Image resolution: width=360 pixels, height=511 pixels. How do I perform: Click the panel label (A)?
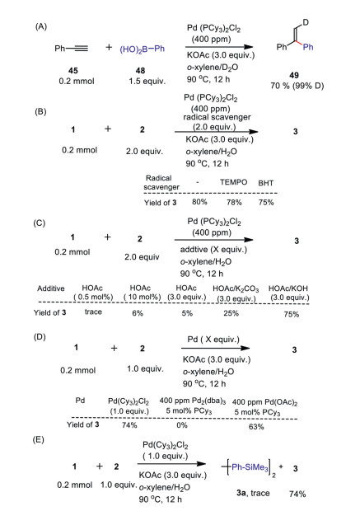click(41, 26)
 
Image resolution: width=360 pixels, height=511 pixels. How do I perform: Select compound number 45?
click(73, 70)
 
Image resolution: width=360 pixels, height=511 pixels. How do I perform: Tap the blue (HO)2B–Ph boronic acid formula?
click(142, 49)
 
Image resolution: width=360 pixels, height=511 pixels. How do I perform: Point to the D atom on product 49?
click(306, 22)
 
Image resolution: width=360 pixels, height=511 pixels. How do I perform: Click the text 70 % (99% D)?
click(297, 86)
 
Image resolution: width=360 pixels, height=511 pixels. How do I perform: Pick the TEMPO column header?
click(233, 182)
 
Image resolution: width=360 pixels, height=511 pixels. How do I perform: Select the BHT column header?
click(265, 183)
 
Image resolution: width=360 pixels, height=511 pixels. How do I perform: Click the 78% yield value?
click(234, 203)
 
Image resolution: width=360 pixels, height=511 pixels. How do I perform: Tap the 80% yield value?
click(199, 202)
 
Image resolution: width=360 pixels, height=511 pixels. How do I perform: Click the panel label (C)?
click(39, 223)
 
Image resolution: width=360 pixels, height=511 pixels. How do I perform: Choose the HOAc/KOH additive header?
click(288, 288)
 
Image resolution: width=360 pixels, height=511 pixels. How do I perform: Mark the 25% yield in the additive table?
click(231, 313)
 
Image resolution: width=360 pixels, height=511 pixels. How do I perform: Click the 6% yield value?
click(138, 313)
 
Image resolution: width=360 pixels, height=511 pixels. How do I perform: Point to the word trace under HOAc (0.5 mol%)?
click(93, 312)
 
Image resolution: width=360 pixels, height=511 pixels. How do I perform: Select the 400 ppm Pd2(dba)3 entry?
click(193, 401)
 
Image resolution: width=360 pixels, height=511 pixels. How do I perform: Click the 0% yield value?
click(182, 425)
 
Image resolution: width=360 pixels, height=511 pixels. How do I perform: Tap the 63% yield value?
click(256, 427)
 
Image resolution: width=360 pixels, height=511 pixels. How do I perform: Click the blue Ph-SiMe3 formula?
click(250, 467)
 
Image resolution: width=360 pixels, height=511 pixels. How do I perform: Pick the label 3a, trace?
click(253, 493)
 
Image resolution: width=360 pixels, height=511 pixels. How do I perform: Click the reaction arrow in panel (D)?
click(215, 348)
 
